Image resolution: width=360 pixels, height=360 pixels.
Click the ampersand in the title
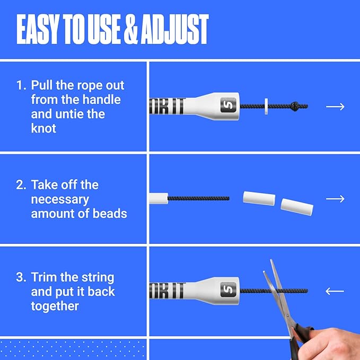[x=131, y=29]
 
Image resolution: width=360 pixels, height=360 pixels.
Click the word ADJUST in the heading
[x=175, y=29]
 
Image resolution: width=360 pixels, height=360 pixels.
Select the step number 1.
[x=21, y=85]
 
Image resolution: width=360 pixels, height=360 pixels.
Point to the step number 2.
[x=21, y=185]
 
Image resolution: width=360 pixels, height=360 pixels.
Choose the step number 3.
[x=21, y=277]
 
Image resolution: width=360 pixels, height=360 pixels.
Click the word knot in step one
[x=43, y=128]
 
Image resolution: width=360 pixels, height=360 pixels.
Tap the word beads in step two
[x=110, y=214]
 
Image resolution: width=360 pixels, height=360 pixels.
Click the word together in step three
[x=55, y=306]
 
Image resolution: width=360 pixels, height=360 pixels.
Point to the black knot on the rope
[x=295, y=106]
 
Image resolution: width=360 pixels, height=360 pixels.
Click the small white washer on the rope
[x=266, y=106]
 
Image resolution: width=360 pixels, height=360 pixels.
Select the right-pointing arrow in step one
[x=335, y=107]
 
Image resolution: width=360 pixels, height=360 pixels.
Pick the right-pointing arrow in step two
[x=335, y=199]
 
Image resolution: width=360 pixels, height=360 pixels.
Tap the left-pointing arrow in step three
[x=335, y=291]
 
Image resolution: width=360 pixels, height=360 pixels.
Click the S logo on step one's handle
[x=228, y=105]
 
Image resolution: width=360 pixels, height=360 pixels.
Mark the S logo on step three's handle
[x=228, y=289]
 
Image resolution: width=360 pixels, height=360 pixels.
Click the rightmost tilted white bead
[x=297, y=207]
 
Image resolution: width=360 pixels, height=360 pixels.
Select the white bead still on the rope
[x=159, y=199]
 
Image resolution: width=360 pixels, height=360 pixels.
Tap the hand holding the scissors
[x=328, y=345]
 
